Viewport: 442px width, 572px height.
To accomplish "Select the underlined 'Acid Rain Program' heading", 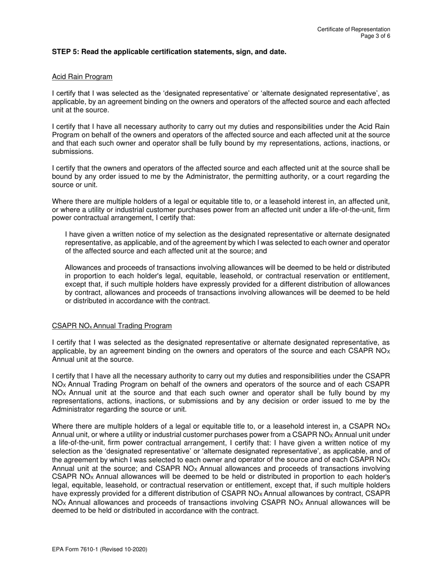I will (x=82, y=76).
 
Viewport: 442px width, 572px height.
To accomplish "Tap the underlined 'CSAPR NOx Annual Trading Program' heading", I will (x=112, y=326).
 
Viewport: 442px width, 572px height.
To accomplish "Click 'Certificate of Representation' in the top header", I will (x=354, y=29).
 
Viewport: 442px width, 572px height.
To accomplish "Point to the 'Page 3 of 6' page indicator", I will (x=375, y=36).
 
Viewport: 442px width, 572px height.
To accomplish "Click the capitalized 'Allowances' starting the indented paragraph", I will (x=83, y=267).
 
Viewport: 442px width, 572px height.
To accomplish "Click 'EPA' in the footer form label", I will (x=58, y=549).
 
